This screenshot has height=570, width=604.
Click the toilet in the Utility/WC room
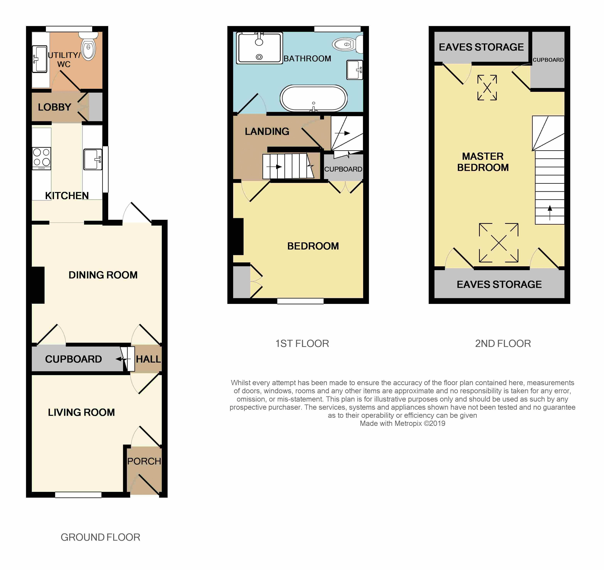tap(88, 46)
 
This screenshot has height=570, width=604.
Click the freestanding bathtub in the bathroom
tap(314, 98)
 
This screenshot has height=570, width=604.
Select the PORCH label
tap(144, 461)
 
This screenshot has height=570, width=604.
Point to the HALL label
tap(148, 359)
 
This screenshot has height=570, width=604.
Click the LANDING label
tap(267, 131)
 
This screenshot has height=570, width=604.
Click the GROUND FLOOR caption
tap(100, 537)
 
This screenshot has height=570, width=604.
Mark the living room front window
tap(78, 495)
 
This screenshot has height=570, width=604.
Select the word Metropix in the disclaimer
tap(408, 424)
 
